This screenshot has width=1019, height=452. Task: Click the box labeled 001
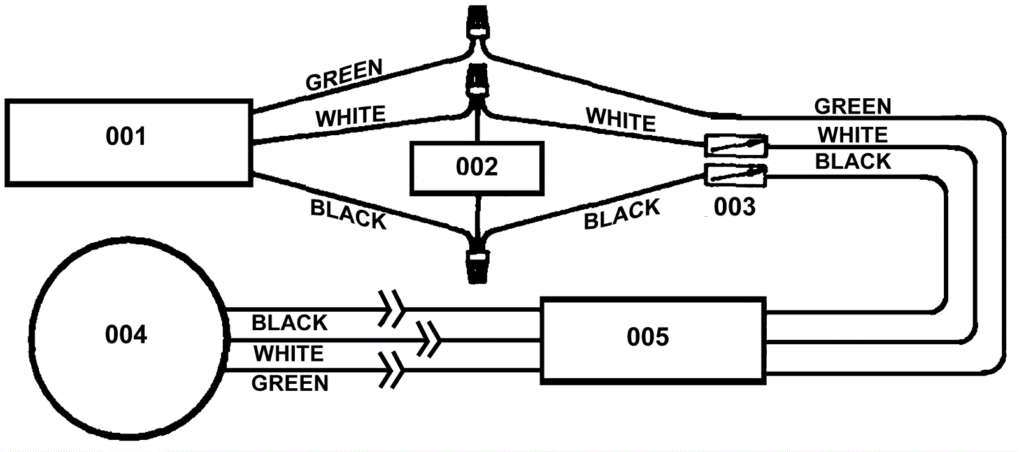point(127,142)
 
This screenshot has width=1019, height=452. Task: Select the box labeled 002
point(477,168)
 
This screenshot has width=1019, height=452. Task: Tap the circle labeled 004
point(126,335)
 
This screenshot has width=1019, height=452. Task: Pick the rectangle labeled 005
point(653,339)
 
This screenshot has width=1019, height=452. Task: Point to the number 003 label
point(734,207)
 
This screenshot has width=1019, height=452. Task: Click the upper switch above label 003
point(736,146)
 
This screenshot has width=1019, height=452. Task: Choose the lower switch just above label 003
point(736,174)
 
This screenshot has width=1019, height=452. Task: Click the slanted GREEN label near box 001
point(344,75)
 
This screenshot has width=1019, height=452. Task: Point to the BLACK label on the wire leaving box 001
point(348,215)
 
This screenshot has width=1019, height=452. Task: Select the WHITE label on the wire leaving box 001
point(351,117)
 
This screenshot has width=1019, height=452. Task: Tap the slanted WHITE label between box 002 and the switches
point(620,119)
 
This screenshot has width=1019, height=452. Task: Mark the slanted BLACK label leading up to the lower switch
point(622,214)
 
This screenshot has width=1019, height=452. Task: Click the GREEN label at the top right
point(852,106)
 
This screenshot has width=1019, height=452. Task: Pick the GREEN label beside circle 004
point(290,383)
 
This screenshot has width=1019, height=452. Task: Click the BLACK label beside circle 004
point(290,323)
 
